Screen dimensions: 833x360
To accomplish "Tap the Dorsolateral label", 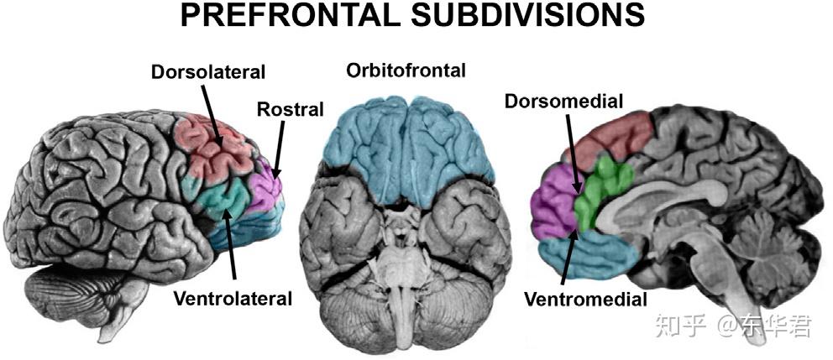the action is point(207,71).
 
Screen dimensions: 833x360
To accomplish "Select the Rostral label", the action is point(291,109).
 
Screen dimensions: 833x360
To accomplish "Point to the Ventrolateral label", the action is point(232,298).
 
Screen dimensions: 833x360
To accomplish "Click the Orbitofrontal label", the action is point(406,71).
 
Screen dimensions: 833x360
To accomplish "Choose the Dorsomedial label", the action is point(563,102).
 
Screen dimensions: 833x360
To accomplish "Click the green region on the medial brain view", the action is point(606,188).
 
